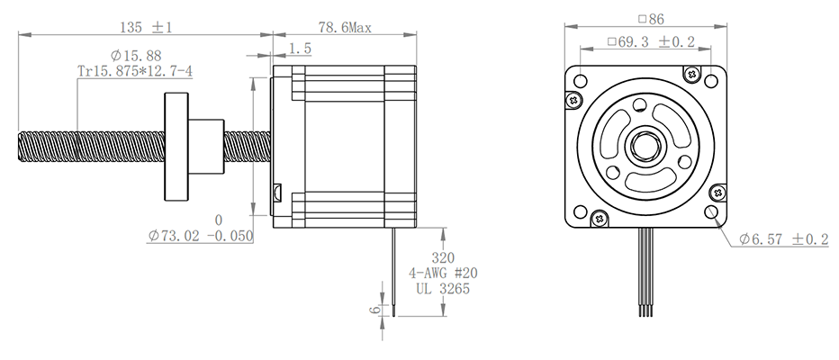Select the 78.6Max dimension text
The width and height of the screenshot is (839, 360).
coord(345,27)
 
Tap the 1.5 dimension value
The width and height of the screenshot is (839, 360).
coord(300,49)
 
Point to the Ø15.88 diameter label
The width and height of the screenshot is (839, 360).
coord(136,55)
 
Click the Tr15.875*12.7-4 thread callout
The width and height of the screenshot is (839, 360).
coord(135,70)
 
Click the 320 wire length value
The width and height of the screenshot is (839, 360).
coord(443,257)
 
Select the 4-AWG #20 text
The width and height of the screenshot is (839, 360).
coord(443,273)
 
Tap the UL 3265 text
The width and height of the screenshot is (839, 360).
coord(443,289)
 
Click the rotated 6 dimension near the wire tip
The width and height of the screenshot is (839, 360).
coord(376,309)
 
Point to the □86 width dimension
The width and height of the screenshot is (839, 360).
coord(651,19)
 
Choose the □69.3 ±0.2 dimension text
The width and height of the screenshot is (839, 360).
coord(651,41)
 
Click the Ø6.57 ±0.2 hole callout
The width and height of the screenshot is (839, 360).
coord(783,239)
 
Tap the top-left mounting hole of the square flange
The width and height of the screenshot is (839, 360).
coord(580,81)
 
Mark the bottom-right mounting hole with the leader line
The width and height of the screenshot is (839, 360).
coord(711,211)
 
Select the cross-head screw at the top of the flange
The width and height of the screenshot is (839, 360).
coord(691,73)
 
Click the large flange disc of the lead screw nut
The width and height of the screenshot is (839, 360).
coord(176,147)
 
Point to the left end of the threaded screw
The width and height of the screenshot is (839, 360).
coord(19,147)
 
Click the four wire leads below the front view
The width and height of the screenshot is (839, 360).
coord(646,272)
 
